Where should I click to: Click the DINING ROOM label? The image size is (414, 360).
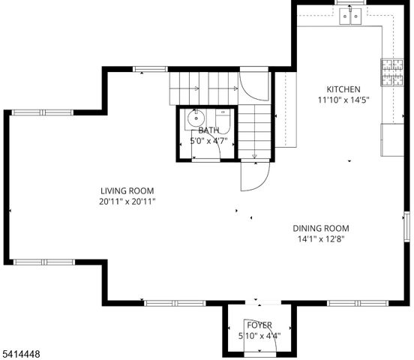(x=320, y=229)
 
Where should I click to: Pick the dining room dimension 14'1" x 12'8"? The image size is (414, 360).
(x=320, y=240)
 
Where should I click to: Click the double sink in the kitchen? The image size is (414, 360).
(x=351, y=16)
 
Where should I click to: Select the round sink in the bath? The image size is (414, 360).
(x=196, y=118)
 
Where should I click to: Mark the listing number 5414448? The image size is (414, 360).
(x=22, y=352)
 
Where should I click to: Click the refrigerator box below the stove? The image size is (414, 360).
(x=393, y=139)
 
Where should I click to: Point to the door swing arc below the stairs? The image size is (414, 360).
(x=252, y=176)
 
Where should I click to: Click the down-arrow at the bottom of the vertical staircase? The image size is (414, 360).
(x=255, y=155)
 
